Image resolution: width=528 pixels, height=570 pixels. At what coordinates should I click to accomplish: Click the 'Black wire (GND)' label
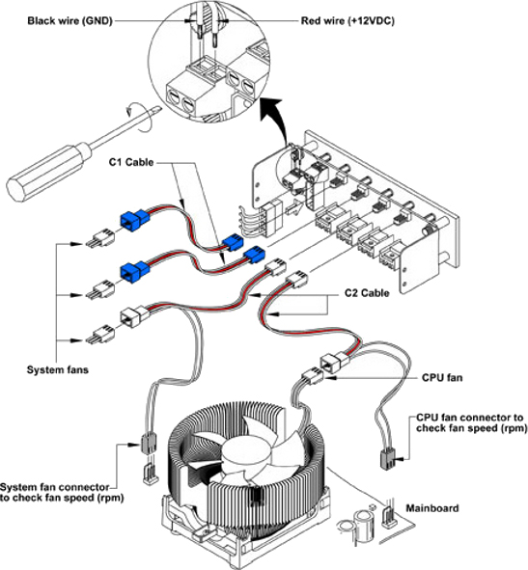69,20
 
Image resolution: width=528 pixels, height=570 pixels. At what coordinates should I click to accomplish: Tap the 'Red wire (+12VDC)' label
347,20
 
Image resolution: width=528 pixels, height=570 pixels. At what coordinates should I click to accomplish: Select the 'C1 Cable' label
131,162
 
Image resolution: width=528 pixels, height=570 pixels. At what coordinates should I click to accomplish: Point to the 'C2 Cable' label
367,293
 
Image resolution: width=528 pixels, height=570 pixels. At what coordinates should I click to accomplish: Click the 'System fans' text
58,369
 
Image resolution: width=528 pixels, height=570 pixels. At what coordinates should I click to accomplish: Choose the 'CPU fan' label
442,378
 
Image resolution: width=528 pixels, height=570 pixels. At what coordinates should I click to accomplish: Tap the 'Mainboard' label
432,508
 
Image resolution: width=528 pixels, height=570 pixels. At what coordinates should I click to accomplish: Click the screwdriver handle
47,173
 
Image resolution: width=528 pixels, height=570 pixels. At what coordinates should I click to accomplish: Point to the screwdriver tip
158,107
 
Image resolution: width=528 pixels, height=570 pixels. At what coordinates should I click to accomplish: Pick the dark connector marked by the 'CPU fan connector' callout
387,459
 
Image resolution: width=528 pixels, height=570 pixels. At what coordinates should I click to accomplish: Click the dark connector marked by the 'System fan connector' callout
149,443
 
